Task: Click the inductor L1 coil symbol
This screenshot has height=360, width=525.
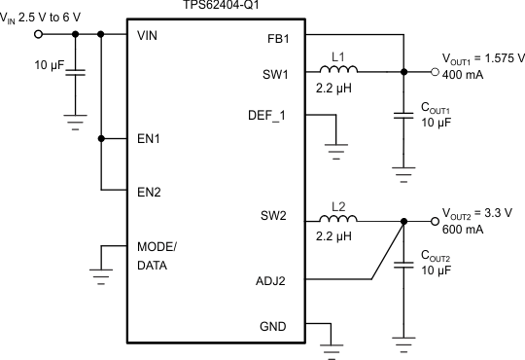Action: click(337, 70)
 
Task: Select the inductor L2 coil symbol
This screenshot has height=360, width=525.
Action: click(337, 218)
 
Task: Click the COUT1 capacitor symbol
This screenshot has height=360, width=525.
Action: click(402, 116)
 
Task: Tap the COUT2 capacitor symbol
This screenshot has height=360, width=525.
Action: click(402, 263)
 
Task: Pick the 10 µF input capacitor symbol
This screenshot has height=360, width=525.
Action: click(79, 72)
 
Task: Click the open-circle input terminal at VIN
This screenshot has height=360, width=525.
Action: click(39, 34)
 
